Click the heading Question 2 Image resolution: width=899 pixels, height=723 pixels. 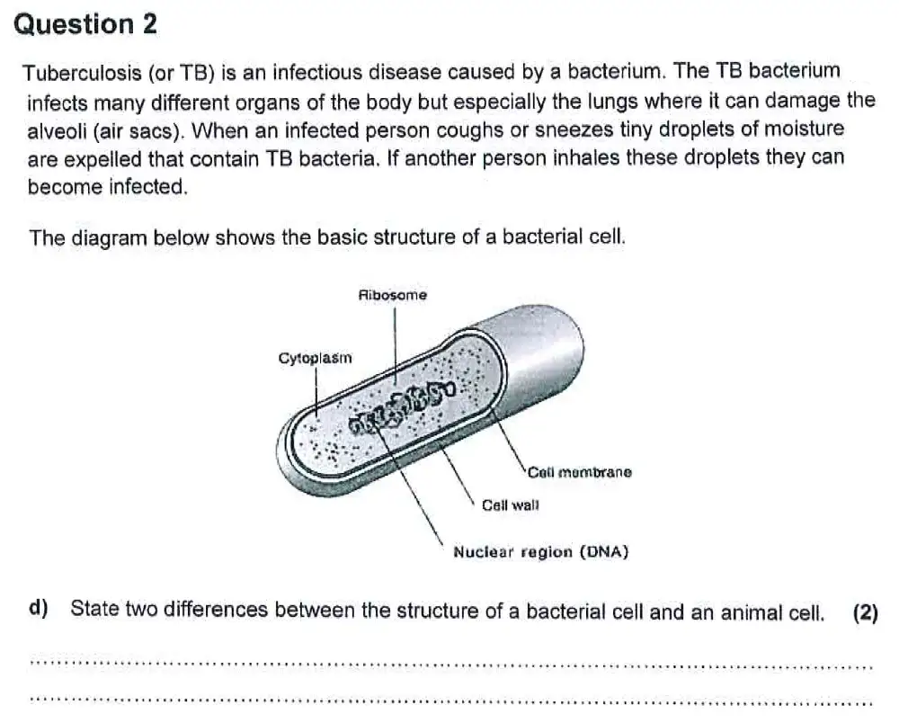point(86,24)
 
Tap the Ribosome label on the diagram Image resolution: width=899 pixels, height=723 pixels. point(392,295)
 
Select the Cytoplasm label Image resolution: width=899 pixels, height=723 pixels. point(316,358)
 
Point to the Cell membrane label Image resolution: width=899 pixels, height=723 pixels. point(579,472)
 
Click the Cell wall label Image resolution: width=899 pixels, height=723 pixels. point(510,505)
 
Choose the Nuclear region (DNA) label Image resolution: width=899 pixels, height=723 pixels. point(540,551)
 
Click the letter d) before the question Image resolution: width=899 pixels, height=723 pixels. point(38,609)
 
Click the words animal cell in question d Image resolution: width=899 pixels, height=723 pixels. point(772,613)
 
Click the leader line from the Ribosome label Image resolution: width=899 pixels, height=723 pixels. point(395,342)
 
